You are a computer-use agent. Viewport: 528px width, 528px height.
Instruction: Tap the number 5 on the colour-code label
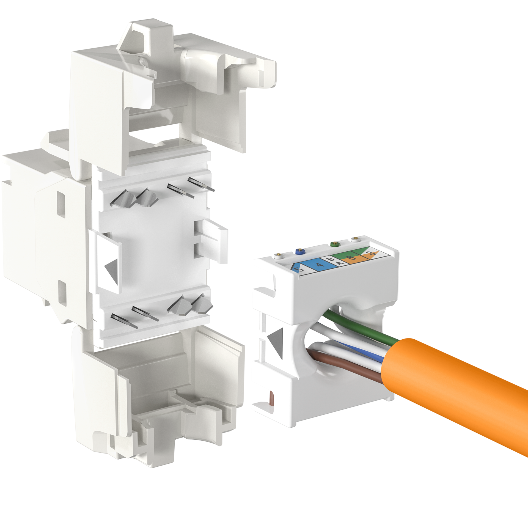point(300,269)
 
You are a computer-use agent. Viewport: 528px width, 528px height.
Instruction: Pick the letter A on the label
point(340,263)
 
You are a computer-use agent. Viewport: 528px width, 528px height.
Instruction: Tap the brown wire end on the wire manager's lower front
point(271,399)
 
